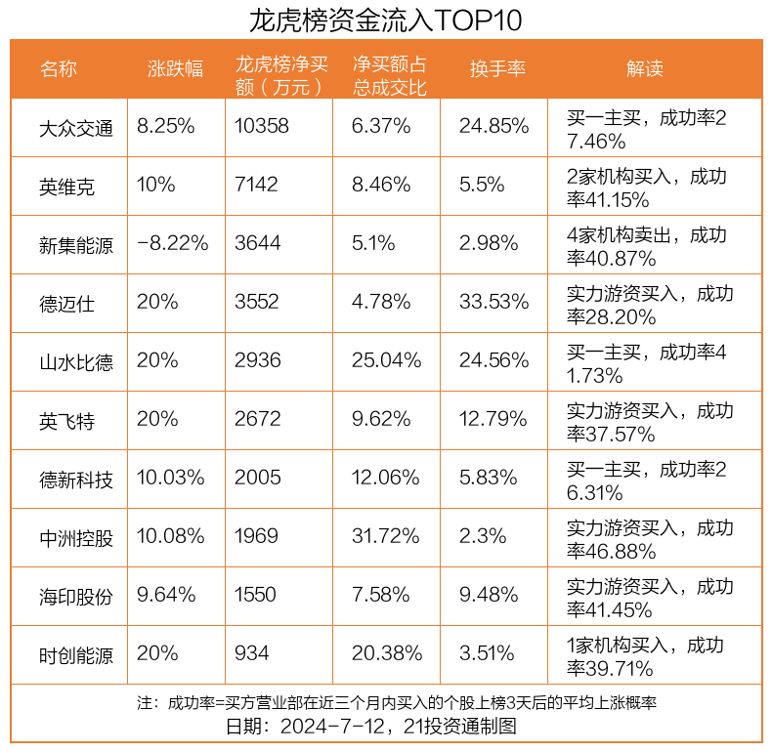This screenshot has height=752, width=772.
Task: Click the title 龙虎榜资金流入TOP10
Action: (x=385, y=21)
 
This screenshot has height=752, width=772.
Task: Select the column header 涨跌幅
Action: (x=176, y=69)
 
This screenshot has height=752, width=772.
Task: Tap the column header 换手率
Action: (x=497, y=69)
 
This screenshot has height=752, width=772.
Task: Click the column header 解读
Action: (x=644, y=69)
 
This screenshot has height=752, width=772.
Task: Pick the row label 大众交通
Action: (x=76, y=127)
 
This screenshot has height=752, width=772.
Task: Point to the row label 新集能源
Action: (x=76, y=244)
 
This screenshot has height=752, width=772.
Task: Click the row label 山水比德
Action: (x=76, y=361)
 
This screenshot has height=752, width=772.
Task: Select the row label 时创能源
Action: (x=76, y=654)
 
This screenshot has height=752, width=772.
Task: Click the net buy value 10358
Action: (x=262, y=126)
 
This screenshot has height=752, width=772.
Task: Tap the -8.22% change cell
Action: (x=173, y=243)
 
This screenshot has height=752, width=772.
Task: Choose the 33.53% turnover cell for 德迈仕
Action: (x=493, y=302)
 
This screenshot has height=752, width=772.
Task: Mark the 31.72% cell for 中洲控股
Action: (x=387, y=536)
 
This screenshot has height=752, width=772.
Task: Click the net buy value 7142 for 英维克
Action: (x=256, y=185)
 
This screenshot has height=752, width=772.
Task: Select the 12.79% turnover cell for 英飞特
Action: (x=493, y=419)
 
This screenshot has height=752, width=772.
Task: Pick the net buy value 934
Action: (x=251, y=653)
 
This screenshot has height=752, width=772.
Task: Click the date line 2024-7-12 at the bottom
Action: (x=385, y=727)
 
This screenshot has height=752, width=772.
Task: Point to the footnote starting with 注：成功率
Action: (x=385, y=702)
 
